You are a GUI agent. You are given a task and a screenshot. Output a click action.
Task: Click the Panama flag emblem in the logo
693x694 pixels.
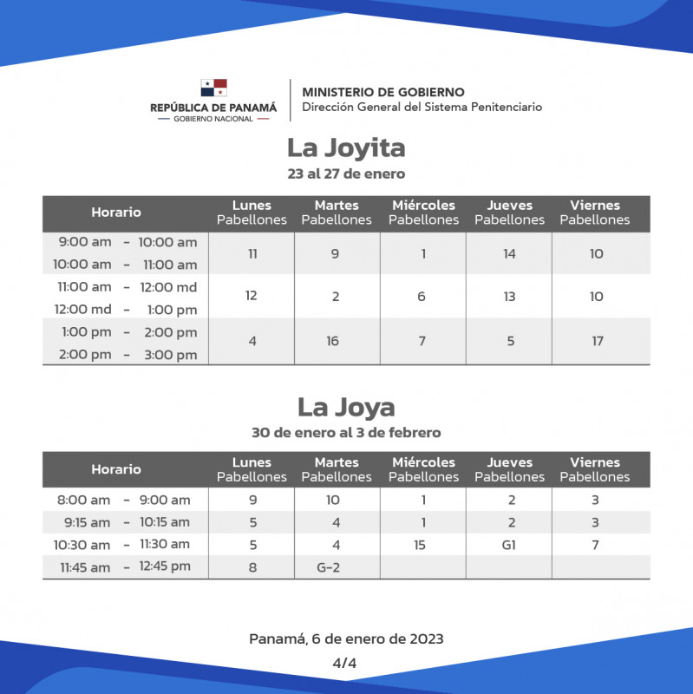pos(213,88)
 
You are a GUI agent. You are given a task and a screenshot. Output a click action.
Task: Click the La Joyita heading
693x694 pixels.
pos(346,148)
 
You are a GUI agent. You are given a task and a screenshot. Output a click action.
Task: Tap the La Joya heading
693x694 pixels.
pos(346,407)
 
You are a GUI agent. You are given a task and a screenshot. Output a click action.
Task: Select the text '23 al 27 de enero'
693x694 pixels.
pos(346,173)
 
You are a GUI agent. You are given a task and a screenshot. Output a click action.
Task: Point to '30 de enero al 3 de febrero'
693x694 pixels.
pos(346,432)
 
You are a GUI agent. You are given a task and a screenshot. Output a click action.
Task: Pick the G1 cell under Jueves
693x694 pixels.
pos(509,545)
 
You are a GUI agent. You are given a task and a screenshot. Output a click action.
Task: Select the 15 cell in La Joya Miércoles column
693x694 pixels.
pos(422,545)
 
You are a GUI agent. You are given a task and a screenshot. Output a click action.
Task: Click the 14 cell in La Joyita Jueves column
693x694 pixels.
pos(509,254)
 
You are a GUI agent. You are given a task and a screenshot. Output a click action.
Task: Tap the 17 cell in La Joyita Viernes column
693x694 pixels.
pos(598,341)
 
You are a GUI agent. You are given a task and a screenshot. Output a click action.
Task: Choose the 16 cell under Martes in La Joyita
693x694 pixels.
pos(333,341)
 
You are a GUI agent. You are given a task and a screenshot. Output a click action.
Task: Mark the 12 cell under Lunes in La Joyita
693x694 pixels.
pos(252,296)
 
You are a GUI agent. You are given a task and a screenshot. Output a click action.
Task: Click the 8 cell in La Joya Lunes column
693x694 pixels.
pos(252,567)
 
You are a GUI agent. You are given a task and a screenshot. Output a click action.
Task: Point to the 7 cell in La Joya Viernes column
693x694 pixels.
pos(595,545)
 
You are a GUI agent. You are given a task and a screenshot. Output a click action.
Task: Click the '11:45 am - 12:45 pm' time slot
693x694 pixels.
pos(125,567)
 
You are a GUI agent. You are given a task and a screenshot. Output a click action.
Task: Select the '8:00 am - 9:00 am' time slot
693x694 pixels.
pos(125,500)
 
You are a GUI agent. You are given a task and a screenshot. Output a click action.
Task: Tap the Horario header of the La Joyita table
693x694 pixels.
pos(116,213)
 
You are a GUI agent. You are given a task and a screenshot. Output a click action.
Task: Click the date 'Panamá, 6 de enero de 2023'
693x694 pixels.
pos(346,639)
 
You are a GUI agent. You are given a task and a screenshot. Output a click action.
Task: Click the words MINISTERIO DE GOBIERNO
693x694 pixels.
pos(382,92)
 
